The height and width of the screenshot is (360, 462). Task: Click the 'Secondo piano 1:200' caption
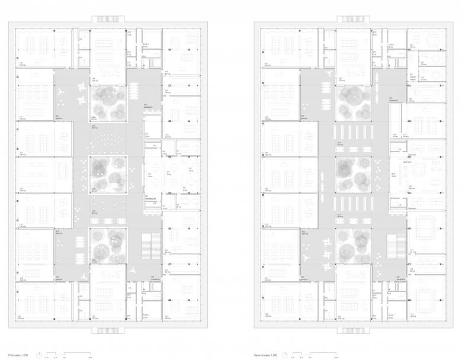click(x=264, y=354)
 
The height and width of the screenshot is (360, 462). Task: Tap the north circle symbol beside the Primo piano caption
click(x=39, y=354)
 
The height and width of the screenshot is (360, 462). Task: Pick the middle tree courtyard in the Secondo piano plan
click(x=354, y=175)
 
